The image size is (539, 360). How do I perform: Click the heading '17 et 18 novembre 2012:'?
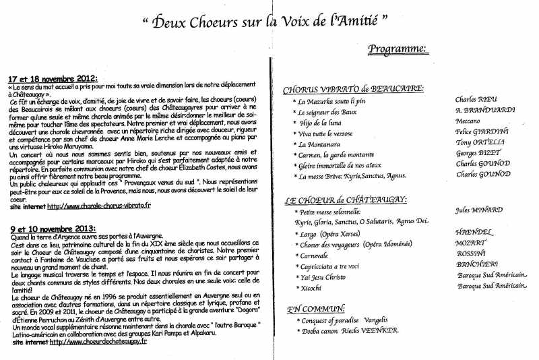(x=54, y=78)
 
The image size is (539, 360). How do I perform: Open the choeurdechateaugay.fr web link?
(x=98, y=342)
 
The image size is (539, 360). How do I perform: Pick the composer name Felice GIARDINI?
(x=482, y=133)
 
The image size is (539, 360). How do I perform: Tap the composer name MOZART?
(x=471, y=241)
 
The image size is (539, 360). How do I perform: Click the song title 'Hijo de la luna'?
(x=319, y=123)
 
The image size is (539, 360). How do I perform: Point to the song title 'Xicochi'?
(x=309, y=288)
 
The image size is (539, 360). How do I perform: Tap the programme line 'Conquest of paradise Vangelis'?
(x=341, y=320)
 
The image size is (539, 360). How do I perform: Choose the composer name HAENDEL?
(x=474, y=231)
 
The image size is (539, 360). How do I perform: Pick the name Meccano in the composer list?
(x=468, y=122)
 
